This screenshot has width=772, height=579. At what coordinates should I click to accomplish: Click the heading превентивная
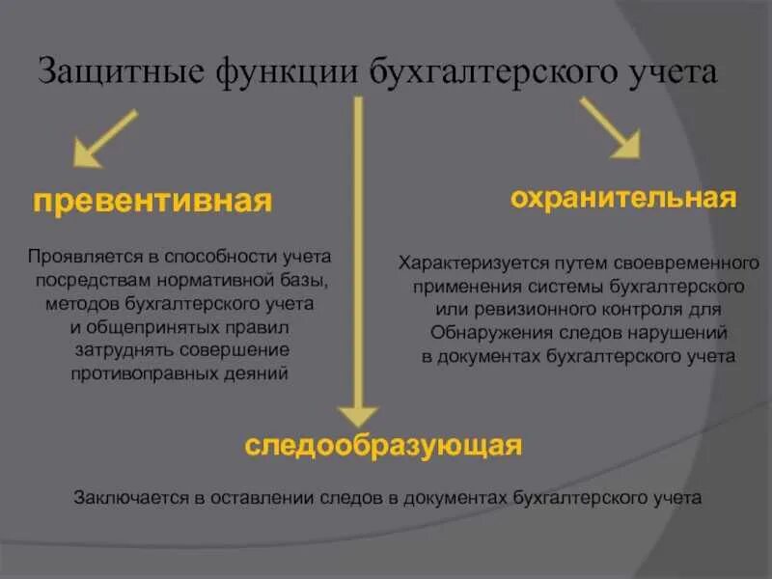click(x=152, y=201)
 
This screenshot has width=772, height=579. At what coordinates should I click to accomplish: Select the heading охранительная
click(x=623, y=199)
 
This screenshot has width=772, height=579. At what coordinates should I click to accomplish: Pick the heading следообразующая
click(x=383, y=445)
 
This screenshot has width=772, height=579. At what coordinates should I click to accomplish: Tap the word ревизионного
click(x=513, y=309)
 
